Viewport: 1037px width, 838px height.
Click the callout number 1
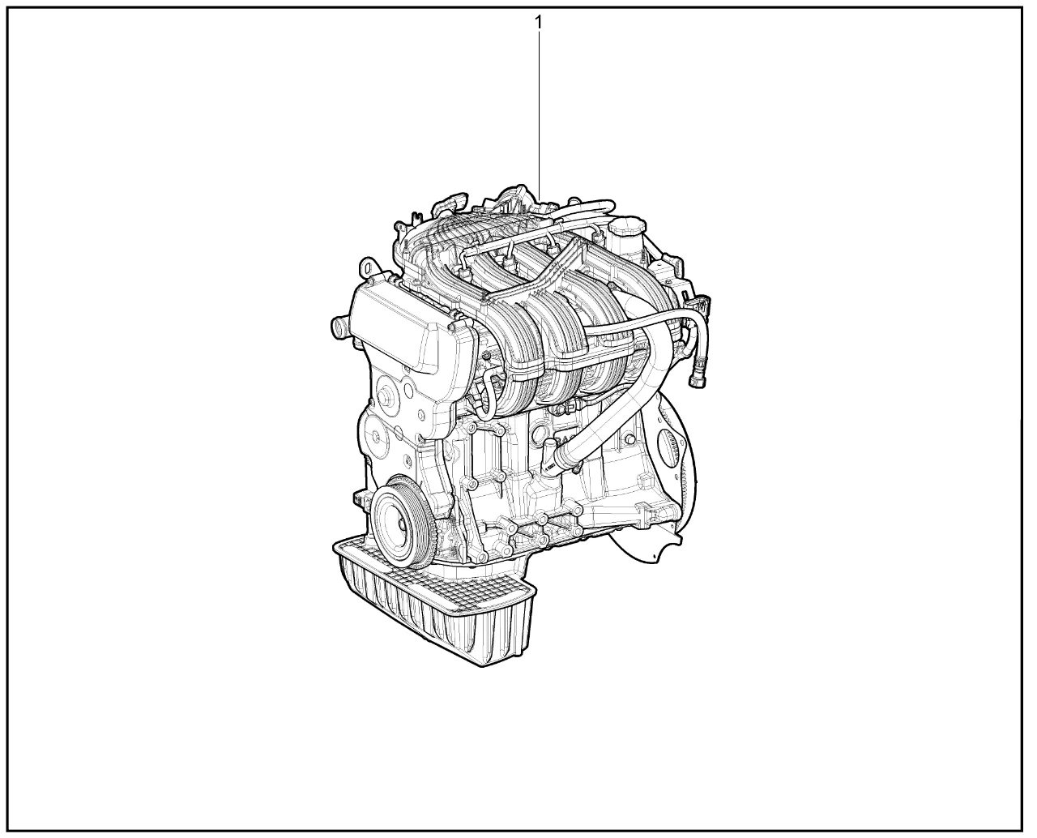538,23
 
